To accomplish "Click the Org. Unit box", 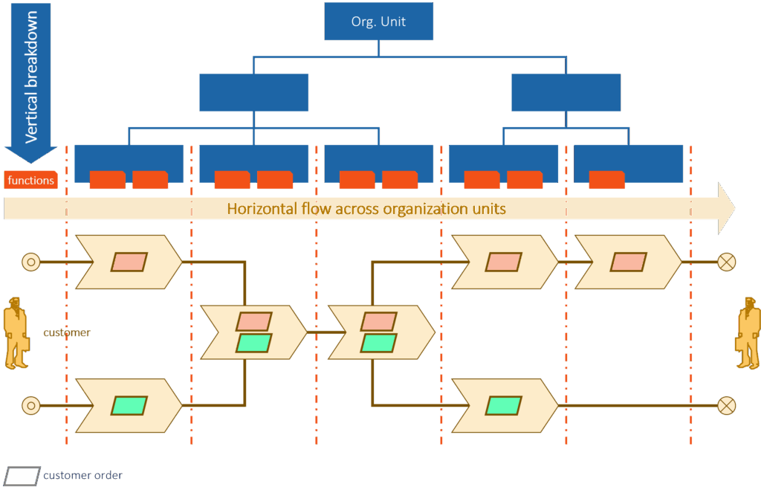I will tap(378, 22).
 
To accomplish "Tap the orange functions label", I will tap(30, 180).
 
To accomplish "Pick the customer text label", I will tap(67, 332).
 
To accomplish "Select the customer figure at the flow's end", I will tap(748, 332).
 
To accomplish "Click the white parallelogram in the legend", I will tap(23, 476).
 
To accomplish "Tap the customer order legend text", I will tap(83, 476).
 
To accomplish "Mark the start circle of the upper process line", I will tap(30, 262).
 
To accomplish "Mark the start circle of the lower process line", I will tap(30, 405).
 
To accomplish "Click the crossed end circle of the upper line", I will tap(726, 262).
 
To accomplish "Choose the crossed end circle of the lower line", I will tap(726, 405).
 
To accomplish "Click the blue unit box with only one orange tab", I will tap(628, 164).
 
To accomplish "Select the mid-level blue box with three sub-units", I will tap(253, 92).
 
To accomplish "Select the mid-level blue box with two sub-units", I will tap(566, 92).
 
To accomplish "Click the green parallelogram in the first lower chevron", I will tap(129, 405).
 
